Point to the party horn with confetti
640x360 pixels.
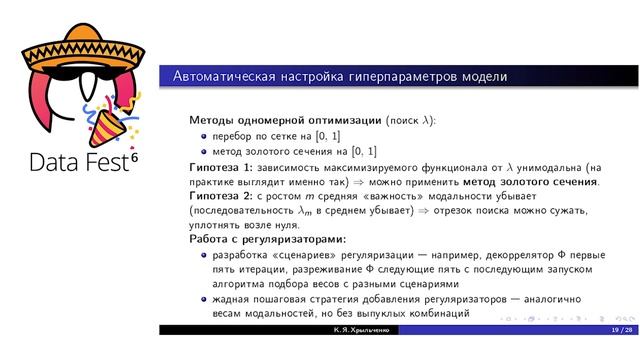112,119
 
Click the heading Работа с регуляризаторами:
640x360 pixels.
267,240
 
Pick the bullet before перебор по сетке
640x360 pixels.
202,135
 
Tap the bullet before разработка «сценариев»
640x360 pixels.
202,255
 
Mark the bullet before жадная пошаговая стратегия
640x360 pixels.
202,299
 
